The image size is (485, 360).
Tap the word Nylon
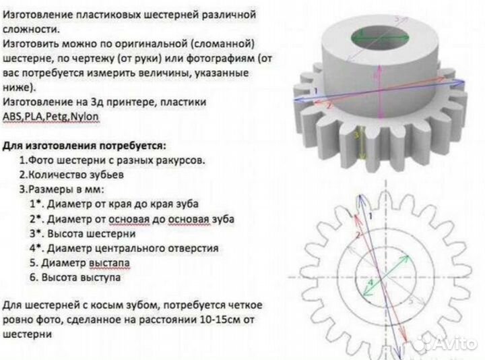click(x=84, y=116)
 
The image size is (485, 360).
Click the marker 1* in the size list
click(x=36, y=203)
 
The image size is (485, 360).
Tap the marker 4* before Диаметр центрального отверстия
click(x=36, y=247)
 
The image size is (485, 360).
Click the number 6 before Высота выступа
click(x=32, y=277)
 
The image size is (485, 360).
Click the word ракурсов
click(x=176, y=160)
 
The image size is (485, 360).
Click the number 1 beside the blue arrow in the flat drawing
click(x=370, y=215)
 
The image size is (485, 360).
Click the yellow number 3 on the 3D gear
click(x=356, y=135)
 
